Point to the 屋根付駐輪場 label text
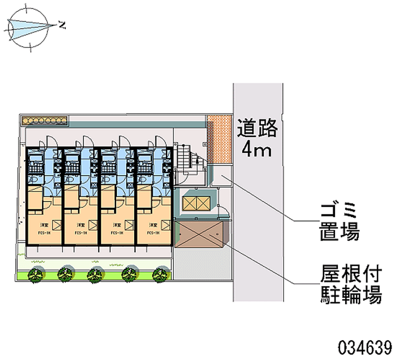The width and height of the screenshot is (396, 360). (349, 285)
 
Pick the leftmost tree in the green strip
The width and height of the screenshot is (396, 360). (35, 273)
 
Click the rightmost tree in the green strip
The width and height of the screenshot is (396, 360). (159, 273)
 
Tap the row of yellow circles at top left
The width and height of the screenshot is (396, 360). (43, 120)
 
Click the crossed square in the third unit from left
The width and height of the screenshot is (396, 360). (131, 225)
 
